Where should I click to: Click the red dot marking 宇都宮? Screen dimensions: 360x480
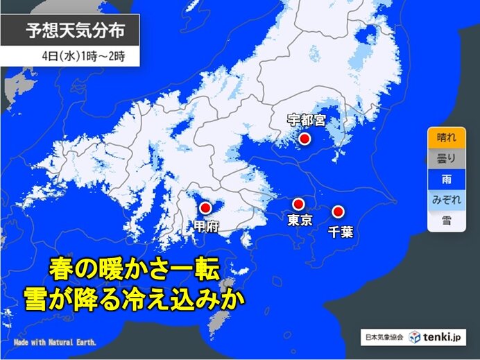(304, 139)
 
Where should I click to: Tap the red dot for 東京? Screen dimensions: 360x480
(298, 204)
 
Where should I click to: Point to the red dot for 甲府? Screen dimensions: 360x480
(205, 207)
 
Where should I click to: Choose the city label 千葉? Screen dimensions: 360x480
(341, 230)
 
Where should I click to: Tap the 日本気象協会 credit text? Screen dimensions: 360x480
(384, 338)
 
